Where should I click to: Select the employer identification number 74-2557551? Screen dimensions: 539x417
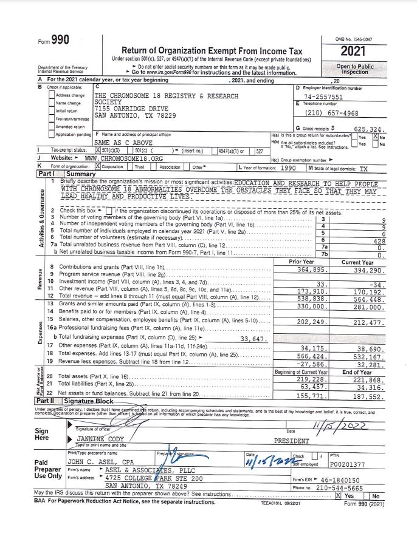pyautogui.click(x=323, y=97)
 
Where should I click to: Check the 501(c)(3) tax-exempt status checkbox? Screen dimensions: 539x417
pyautogui.click(x=98, y=150)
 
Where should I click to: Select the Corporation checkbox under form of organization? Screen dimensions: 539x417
pyautogui.click(x=98, y=166)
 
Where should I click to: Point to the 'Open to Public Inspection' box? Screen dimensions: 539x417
pyautogui.click(x=355, y=69)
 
